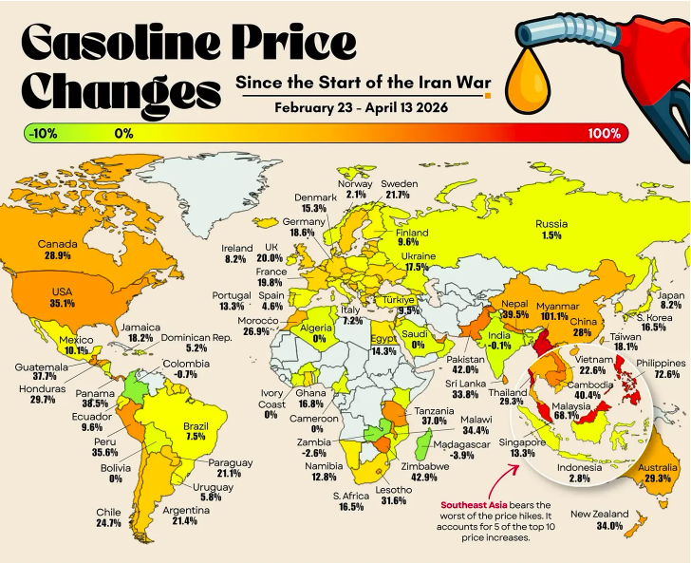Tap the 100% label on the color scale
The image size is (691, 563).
[x=604, y=133]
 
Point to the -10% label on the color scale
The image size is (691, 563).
[x=43, y=133]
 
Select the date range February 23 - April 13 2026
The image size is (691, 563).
[x=362, y=106]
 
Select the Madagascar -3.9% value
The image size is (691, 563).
[x=462, y=456]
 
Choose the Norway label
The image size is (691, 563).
[x=356, y=183]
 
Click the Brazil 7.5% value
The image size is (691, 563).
[x=195, y=436]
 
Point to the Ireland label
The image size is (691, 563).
[x=237, y=248]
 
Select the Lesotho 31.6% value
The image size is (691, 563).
[x=393, y=502]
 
